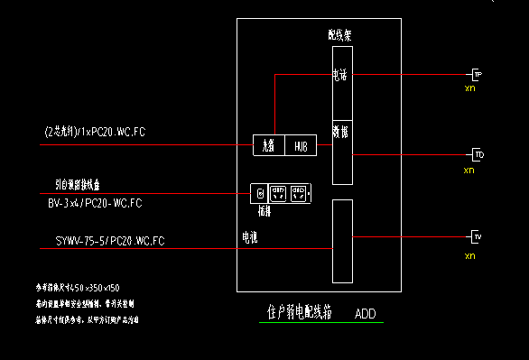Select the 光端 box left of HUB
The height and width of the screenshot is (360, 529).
click(x=269, y=144)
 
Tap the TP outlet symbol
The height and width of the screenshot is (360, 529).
click(x=478, y=74)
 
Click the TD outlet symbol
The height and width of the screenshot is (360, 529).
click(x=478, y=155)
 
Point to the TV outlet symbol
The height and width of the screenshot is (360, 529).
click(x=478, y=237)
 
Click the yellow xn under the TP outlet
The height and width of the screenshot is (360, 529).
click(x=469, y=89)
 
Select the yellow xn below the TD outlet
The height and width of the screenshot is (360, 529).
click(x=469, y=171)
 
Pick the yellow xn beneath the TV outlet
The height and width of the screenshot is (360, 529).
click(x=469, y=256)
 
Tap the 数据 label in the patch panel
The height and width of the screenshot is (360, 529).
click(x=339, y=132)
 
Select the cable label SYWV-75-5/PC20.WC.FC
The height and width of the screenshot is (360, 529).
click(x=105, y=240)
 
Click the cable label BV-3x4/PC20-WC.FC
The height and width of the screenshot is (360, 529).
click(x=95, y=204)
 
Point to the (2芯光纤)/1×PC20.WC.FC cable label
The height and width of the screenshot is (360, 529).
click(x=94, y=132)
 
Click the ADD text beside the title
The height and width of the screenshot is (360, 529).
click(x=365, y=315)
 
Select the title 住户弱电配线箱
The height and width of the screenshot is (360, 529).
click(x=300, y=313)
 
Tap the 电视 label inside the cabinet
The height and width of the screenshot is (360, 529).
click(x=248, y=238)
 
